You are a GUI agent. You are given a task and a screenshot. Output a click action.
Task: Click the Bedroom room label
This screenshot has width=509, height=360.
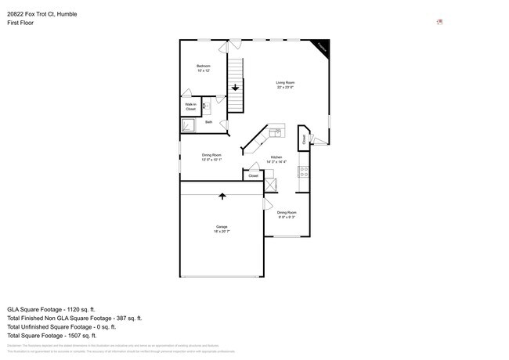tap(204, 67)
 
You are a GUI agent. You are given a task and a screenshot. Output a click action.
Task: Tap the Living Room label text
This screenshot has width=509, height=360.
tap(285, 85)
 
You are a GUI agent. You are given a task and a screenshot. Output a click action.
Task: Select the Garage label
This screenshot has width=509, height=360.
tap(222, 229)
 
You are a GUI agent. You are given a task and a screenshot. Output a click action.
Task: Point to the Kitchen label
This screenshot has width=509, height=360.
tap(276, 159)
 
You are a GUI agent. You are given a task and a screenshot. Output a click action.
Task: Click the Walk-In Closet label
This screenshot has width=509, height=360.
tap(190, 106)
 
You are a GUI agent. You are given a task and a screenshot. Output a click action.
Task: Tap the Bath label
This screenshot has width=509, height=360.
tap(208, 122)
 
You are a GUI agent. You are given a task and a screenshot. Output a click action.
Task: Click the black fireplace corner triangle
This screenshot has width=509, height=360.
tap(322, 47)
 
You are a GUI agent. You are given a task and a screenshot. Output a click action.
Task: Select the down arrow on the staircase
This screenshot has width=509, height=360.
tap(235, 88)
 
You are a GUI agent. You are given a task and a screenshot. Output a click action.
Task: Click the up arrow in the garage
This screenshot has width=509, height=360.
tap(222, 196)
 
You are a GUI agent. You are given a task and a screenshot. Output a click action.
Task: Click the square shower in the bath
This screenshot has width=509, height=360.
tap(189, 123)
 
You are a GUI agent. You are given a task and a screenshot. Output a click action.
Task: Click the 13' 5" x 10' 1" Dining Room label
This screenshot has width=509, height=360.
tap(211, 157)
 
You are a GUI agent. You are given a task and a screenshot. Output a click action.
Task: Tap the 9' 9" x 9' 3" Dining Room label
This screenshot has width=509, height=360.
tap(287, 214)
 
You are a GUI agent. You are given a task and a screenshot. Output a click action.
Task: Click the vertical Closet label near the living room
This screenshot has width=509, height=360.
tap(304, 140)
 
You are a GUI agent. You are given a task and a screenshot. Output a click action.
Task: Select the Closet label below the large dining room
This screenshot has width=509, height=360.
tap(253, 176)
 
